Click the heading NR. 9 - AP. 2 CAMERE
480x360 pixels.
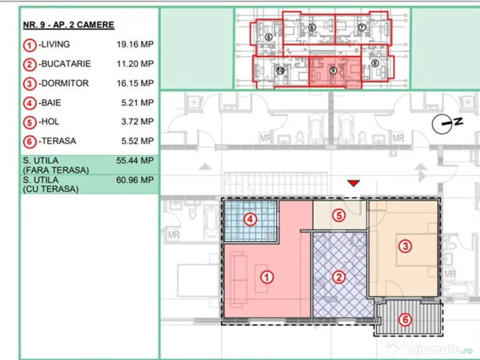[x=68, y=25]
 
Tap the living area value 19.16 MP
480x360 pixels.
[x=135, y=45]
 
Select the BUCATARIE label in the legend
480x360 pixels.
[x=66, y=64]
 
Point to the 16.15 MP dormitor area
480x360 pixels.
[x=135, y=83]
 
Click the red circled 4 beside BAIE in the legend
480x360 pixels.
[x=30, y=103]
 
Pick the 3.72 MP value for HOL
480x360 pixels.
[x=137, y=121]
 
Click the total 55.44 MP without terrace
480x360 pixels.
[x=135, y=160]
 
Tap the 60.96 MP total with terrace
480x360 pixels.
[x=135, y=180]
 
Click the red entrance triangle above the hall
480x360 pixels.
[x=353, y=183]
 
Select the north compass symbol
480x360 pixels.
[x=447, y=123]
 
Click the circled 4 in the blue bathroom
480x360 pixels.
[x=250, y=219]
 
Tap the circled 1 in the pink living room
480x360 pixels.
[x=267, y=277]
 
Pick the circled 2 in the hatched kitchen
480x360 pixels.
[x=339, y=277]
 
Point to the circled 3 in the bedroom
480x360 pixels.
[x=405, y=246]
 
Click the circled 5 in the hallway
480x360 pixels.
[x=339, y=216]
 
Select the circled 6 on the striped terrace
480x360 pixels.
[x=405, y=320]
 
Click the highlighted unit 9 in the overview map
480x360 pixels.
[x=333, y=71]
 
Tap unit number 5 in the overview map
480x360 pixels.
[x=268, y=37]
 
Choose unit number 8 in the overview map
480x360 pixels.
[x=375, y=63]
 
